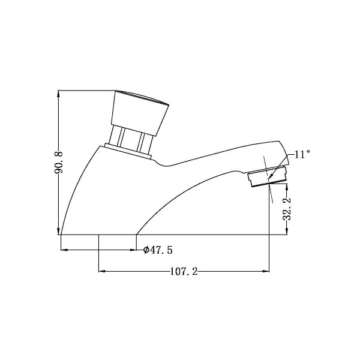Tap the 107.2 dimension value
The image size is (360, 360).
184,272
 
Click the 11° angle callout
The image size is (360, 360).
302,154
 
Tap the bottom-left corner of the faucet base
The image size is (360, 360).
62,234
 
